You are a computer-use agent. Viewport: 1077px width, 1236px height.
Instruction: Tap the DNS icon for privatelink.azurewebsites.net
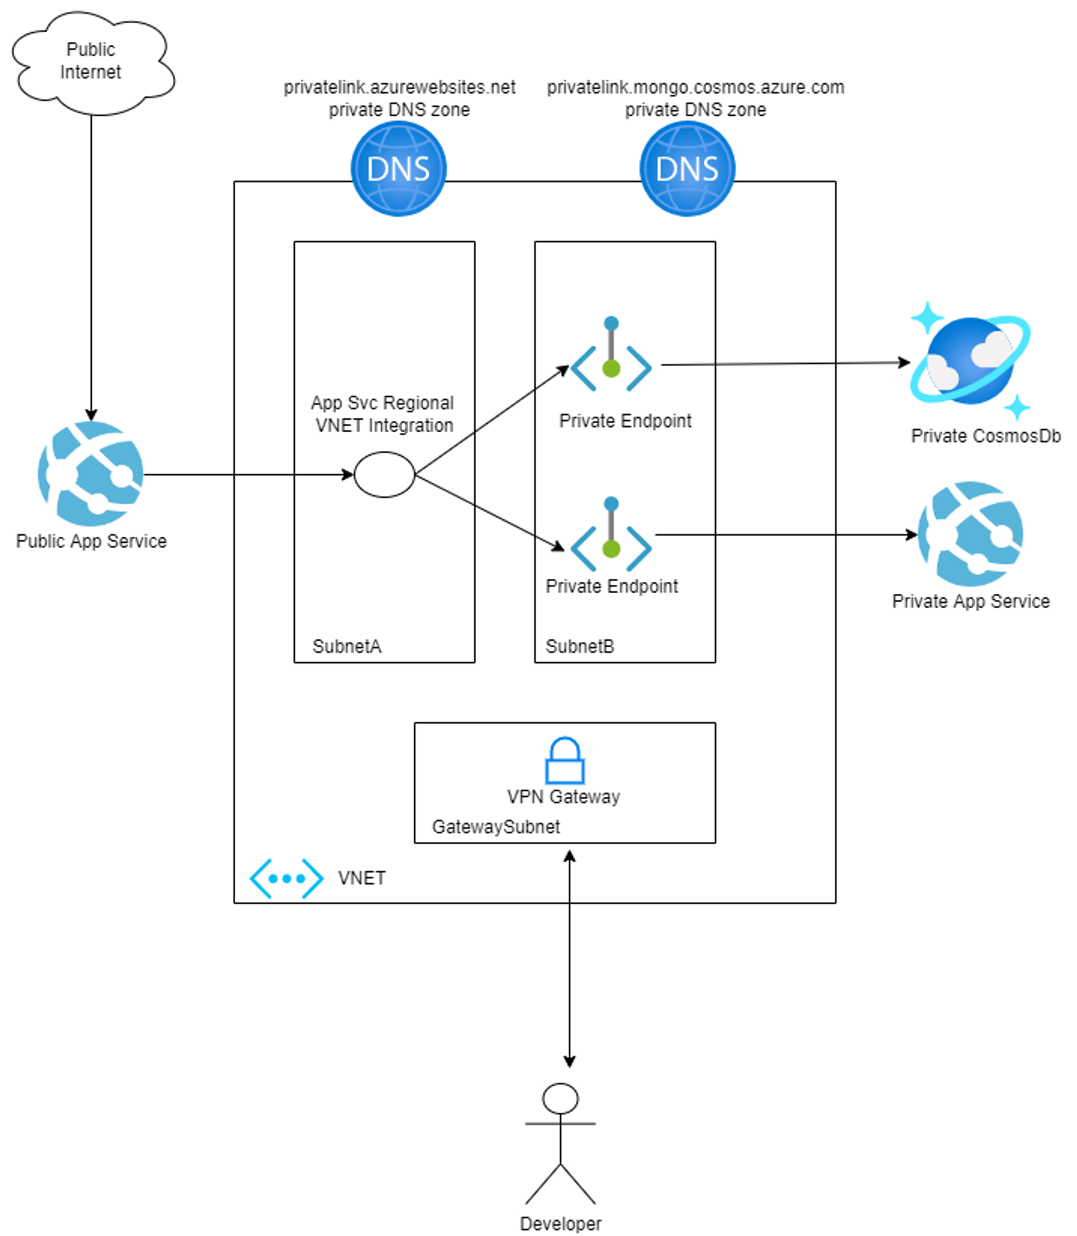pos(398,169)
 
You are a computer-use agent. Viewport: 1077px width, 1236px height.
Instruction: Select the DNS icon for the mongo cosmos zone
pos(687,169)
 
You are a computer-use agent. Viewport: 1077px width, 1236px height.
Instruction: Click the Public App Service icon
pos(91,474)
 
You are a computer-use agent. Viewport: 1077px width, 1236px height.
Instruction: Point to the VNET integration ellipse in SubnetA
pos(384,475)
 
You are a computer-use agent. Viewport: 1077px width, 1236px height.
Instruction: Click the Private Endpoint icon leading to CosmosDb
pos(611,355)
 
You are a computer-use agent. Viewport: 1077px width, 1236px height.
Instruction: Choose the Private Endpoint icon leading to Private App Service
pos(611,535)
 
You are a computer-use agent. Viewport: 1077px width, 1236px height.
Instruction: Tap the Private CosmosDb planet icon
pos(970,361)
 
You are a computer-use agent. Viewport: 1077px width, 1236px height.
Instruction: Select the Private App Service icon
pos(970,534)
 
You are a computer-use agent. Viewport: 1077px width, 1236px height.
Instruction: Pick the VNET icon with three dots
pos(286,879)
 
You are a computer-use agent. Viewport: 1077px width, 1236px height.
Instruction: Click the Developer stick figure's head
pos(560,1099)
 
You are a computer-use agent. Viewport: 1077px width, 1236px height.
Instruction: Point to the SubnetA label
pos(347,647)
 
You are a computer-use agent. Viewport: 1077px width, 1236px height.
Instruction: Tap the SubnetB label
pos(580,647)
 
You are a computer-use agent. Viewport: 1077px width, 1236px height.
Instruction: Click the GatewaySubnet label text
pos(496,827)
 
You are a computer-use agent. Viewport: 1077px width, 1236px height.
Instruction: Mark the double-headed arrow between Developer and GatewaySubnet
pos(569,961)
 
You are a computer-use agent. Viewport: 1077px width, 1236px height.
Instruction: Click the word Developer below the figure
pos(560,1224)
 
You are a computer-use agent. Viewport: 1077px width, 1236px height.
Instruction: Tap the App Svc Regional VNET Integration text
pos(383,414)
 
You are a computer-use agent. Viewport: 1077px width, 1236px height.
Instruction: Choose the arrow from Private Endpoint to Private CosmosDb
pos(781,363)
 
